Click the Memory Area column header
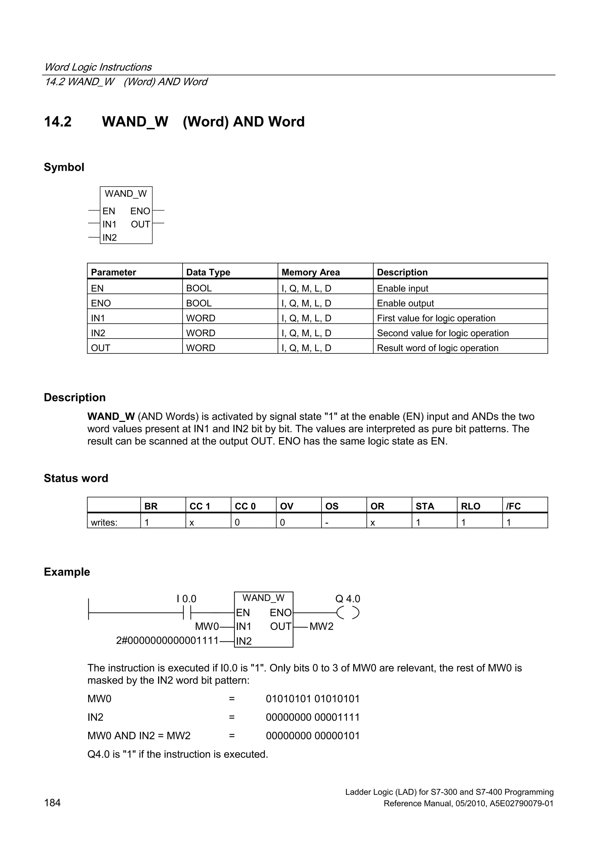pyautogui.click(x=310, y=272)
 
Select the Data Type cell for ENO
pyautogui.click(x=199, y=303)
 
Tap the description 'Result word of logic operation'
pyautogui.click(x=437, y=348)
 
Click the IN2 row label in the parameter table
pyautogui.click(x=98, y=333)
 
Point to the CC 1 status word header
pyautogui.click(x=200, y=506)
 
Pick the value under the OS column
pyautogui.click(x=327, y=523)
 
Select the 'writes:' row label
pyautogui.click(x=104, y=523)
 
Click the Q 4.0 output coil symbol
pyautogui.click(x=348, y=613)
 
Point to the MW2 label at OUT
pyautogui.click(x=321, y=626)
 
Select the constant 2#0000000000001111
pyautogui.click(x=167, y=640)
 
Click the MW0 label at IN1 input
pyautogui.click(x=206, y=626)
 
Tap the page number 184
pyautogui.click(x=52, y=803)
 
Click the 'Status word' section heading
pyautogui.click(x=76, y=478)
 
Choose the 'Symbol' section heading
pyautogui.click(x=64, y=167)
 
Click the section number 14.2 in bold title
pyautogui.click(x=58, y=122)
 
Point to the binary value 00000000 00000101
pyautogui.click(x=313, y=735)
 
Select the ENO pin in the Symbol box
pyautogui.click(x=140, y=211)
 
